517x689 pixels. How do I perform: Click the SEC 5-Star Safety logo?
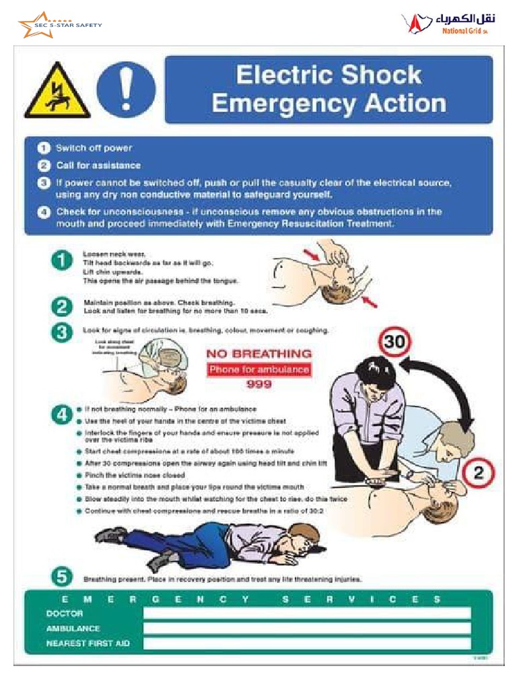pyautogui.click(x=59, y=26)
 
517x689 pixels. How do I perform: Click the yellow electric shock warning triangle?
pyautogui.click(x=57, y=92)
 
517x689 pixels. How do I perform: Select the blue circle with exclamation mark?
pyautogui.click(x=126, y=90)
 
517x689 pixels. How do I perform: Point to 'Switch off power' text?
pyautogui.click(x=94, y=148)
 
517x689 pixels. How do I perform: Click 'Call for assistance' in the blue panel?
pyautogui.click(x=98, y=166)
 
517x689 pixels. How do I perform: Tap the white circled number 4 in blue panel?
pyautogui.click(x=44, y=212)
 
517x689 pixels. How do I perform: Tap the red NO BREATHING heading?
pyautogui.click(x=258, y=354)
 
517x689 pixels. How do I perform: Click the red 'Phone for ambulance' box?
pyautogui.click(x=258, y=369)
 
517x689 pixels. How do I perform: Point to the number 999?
pyautogui.click(x=259, y=385)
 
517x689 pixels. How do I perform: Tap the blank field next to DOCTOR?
pyautogui.click(x=307, y=613)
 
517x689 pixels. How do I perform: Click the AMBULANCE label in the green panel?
pyautogui.click(x=73, y=628)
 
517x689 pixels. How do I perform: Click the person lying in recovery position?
pyautogui.click(x=209, y=542)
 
